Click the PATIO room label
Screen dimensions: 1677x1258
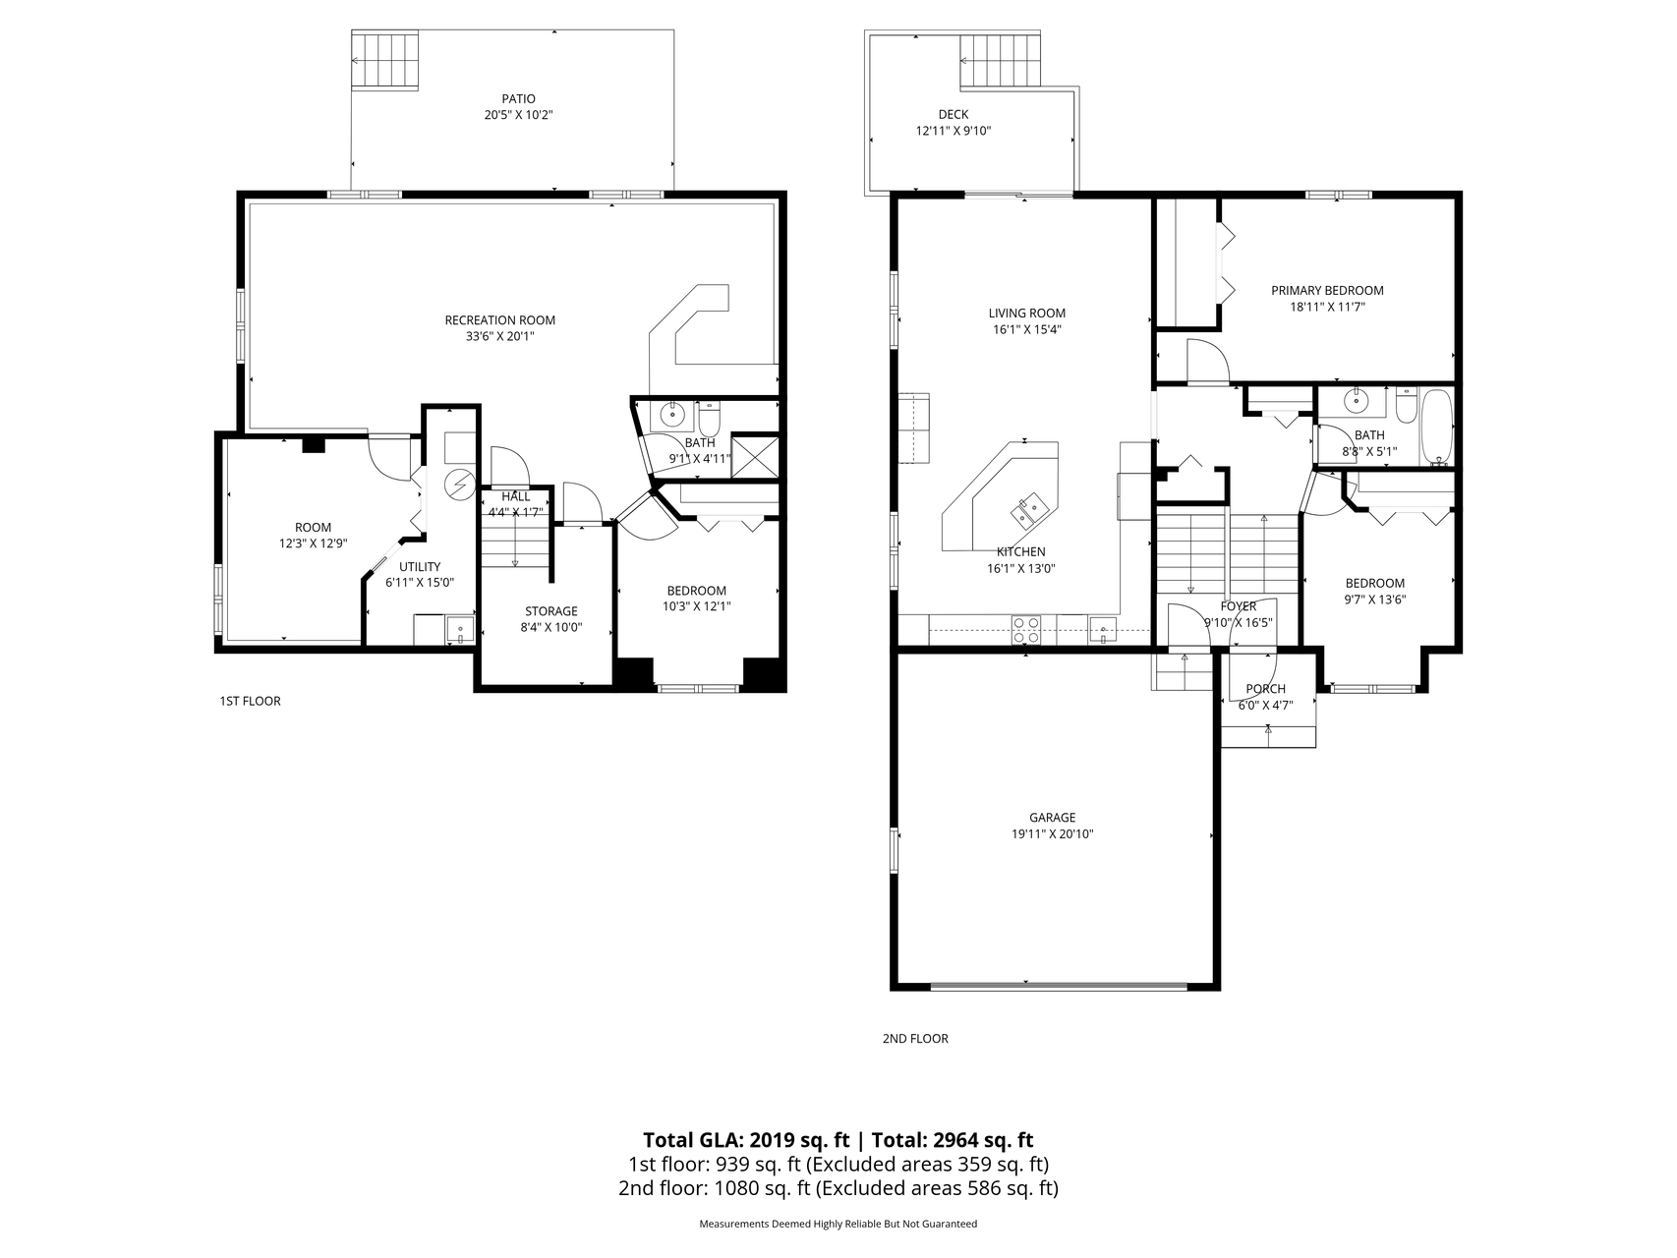tap(518, 98)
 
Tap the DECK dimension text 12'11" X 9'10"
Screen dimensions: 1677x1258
tap(953, 131)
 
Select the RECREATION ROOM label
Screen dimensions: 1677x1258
tap(499, 319)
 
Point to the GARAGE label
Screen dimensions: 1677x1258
tap(1052, 818)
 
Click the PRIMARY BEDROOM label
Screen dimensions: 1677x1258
tap(1327, 290)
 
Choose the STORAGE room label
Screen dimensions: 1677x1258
tap(550, 611)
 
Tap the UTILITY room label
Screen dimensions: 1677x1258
tap(420, 567)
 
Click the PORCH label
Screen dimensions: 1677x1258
tap(1265, 689)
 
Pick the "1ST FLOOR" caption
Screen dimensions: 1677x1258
tap(250, 701)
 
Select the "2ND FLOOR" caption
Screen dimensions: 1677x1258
tap(915, 1038)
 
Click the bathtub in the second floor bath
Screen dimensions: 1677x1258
tap(1436, 428)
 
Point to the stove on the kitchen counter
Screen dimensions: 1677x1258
tap(1026, 629)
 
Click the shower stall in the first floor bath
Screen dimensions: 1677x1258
tap(755, 456)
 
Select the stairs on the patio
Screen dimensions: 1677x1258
tap(386, 60)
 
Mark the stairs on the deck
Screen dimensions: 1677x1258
tap(1000, 60)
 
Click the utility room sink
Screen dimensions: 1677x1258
tap(459, 630)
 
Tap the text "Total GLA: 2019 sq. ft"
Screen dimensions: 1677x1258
tap(746, 1140)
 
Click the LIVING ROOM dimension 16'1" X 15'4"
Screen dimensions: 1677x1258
tap(1026, 329)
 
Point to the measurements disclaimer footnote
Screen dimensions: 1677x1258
tap(838, 1225)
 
